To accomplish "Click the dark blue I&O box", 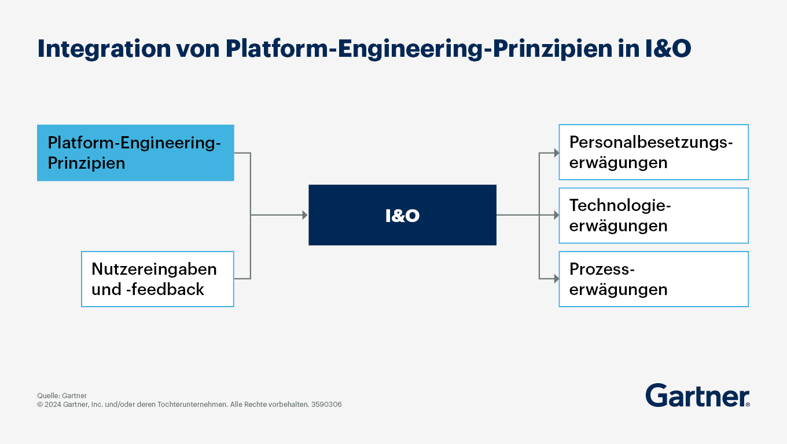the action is coord(402,215).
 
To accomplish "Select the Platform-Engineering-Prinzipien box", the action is coord(135,152).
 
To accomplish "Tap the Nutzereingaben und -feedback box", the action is coord(157,279).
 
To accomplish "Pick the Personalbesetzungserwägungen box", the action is coord(653,152).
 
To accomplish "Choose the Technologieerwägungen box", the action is coord(653,215).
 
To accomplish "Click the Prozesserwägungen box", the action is coord(653,279).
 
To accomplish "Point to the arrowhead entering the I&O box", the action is coord(305,215).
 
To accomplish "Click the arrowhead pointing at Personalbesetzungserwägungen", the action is coord(557,153).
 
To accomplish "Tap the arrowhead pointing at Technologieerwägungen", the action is coord(557,215).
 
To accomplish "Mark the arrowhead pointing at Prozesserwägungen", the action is coord(557,279).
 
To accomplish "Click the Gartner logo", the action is coord(697,395).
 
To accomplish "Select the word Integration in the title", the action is coord(104,49).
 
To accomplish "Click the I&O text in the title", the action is coord(668,48).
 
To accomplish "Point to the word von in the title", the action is coord(198,49).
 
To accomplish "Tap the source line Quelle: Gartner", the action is coord(62,395).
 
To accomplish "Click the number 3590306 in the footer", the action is coord(326,405).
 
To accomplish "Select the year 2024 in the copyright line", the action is coord(53,405).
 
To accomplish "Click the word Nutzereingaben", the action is coord(154,269).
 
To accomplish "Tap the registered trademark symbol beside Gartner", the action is coord(748,405).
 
